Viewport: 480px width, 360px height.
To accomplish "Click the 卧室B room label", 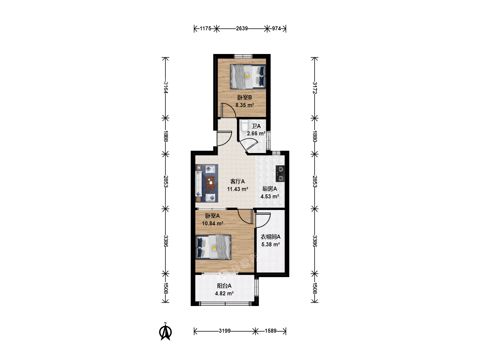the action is click(x=244, y=97).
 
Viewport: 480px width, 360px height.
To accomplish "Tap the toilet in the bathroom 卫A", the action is click(x=244, y=125).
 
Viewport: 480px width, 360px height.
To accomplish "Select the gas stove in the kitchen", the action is click(x=280, y=174).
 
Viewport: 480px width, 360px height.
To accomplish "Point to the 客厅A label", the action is click(x=237, y=181).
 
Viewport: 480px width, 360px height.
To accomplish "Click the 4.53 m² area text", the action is click(x=270, y=196).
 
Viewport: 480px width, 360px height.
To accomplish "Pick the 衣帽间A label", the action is click(x=271, y=237).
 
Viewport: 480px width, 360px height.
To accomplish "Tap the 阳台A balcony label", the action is click(x=224, y=286).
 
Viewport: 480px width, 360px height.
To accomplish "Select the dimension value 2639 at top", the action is click(x=242, y=28).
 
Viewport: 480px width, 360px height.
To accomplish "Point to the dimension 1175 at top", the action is click(x=205, y=28).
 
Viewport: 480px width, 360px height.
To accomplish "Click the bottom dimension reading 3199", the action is click(x=225, y=331).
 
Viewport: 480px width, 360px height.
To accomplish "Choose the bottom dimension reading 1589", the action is click(x=271, y=331).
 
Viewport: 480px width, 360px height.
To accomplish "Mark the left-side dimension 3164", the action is click(x=166, y=87).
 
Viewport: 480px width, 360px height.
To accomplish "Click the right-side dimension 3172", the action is click(x=315, y=88).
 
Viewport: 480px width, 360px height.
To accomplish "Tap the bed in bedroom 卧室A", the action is click(x=213, y=247).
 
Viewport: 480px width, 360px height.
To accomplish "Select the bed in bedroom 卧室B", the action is click(x=248, y=77).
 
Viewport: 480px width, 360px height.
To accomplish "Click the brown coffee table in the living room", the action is click(x=210, y=183).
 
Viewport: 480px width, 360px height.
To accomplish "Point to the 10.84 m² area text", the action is click(x=213, y=223).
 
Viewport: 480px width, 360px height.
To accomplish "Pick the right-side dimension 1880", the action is click(x=315, y=136).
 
